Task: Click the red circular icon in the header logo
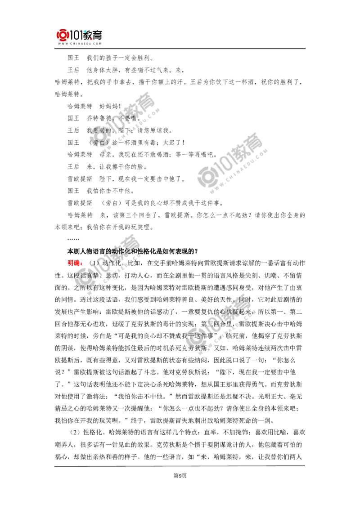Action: [x=61, y=35]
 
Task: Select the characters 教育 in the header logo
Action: [x=93, y=35]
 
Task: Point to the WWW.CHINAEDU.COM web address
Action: [x=80, y=44]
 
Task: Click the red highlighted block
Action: [x=74, y=263]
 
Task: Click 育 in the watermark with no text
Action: [x=257, y=143]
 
